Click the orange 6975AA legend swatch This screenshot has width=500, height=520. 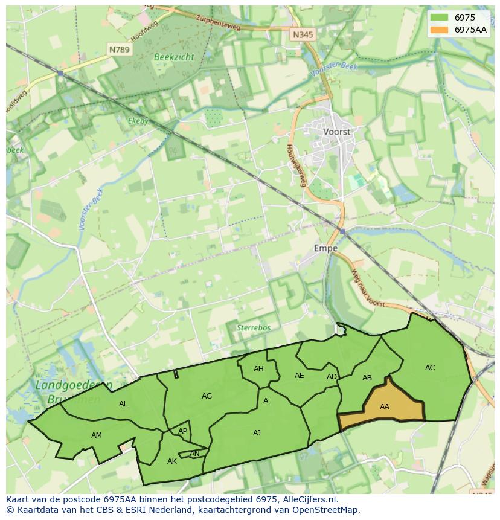click(440, 30)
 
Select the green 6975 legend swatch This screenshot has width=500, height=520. click(440, 18)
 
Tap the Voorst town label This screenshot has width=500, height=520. click(337, 131)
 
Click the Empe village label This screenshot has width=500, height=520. click(325, 248)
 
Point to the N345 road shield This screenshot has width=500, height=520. click(303, 35)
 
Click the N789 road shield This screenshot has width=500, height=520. click(119, 50)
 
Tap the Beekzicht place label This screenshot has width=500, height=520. click(174, 56)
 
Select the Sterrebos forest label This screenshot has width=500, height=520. click(253, 327)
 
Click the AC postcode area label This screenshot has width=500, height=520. click(430, 367)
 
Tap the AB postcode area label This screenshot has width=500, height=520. click(367, 378)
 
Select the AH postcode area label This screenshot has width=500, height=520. click(258, 369)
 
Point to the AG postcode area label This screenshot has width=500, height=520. click(207, 396)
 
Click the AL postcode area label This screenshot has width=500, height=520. click(123, 404)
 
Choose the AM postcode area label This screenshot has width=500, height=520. click(97, 435)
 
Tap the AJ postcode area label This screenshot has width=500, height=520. click(257, 432)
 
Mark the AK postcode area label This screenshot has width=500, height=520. click(172, 461)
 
